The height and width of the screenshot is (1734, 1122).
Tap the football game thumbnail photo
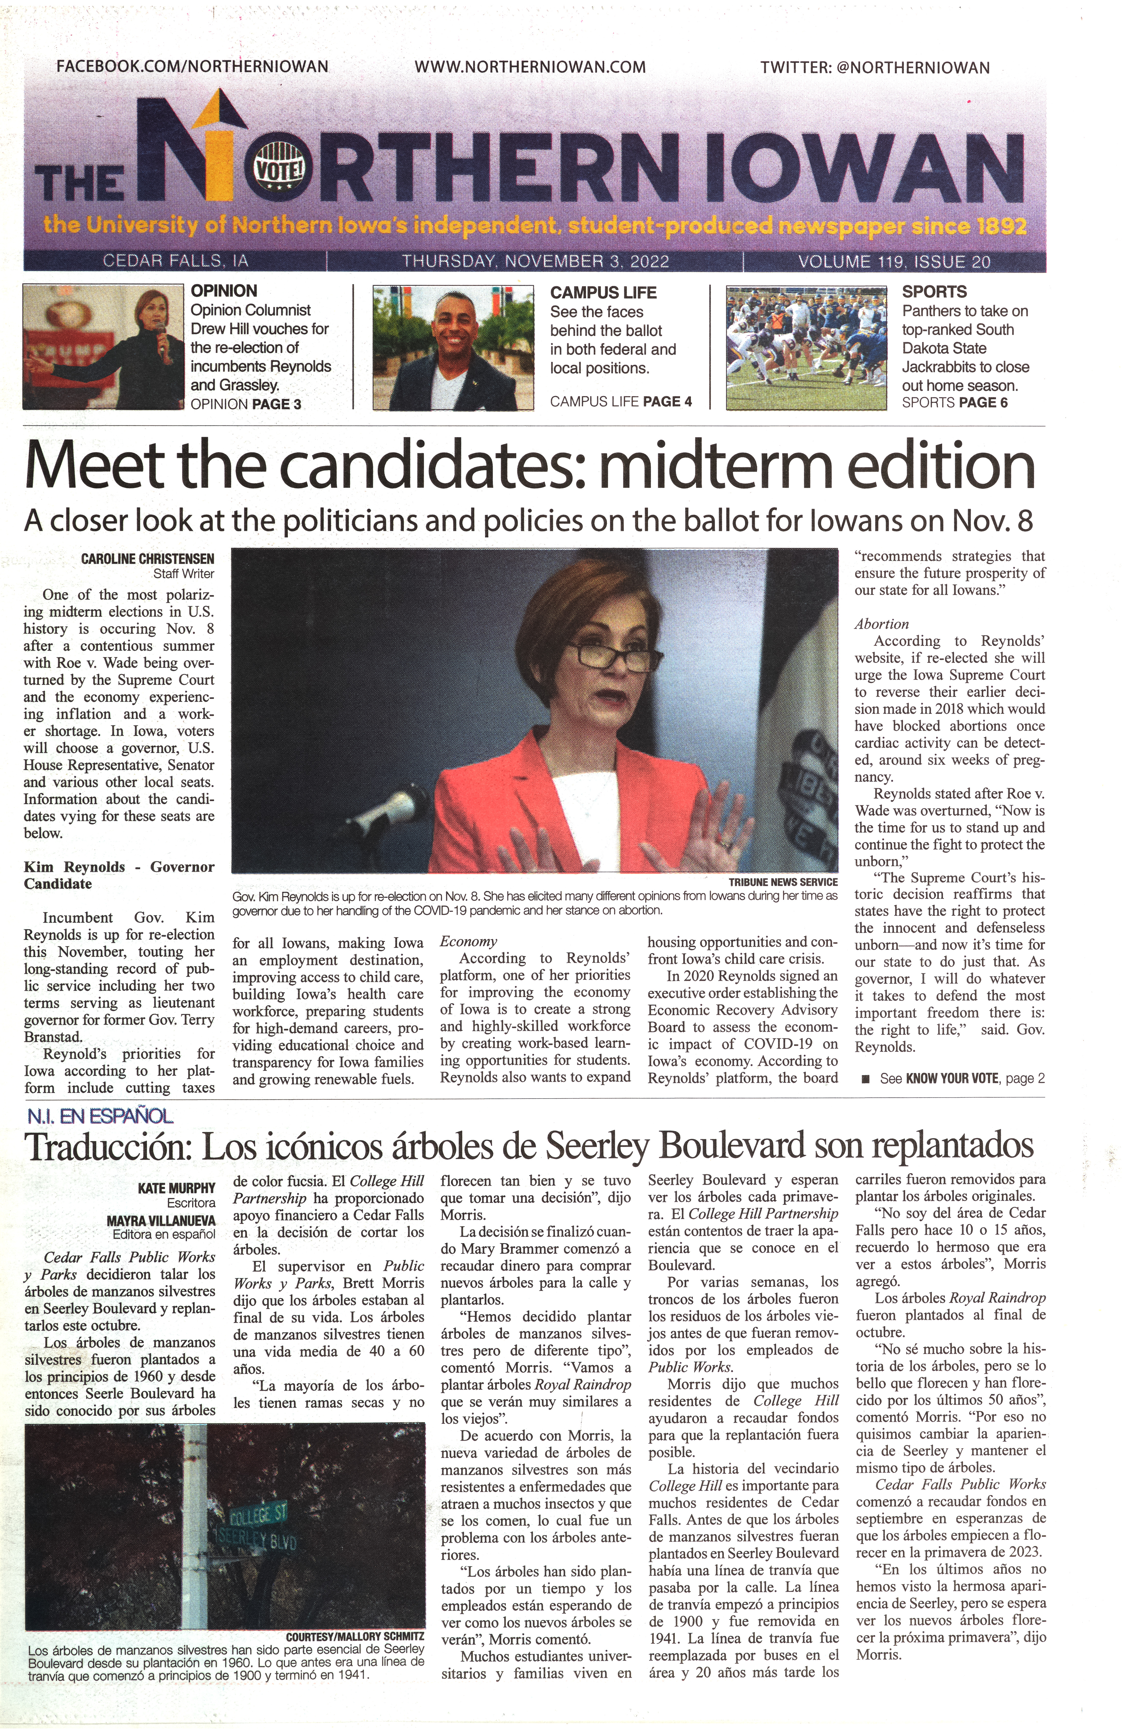[x=807, y=347]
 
